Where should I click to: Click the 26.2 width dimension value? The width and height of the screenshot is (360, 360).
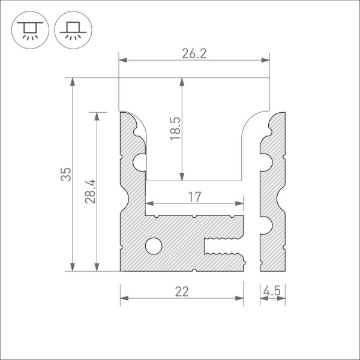click(x=194, y=53)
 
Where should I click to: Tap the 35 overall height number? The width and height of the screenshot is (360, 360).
click(x=67, y=174)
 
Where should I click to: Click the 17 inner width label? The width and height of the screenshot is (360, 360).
click(x=194, y=196)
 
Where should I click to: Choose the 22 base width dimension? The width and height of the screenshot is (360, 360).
click(x=182, y=292)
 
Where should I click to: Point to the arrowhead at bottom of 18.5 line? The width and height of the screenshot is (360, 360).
click(x=181, y=176)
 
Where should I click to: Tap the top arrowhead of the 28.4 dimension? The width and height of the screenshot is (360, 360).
click(x=97, y=115)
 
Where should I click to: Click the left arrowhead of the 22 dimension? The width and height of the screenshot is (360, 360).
click(x=124, y=298)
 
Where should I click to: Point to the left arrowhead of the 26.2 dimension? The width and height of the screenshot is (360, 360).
click(x=122, y=60)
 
